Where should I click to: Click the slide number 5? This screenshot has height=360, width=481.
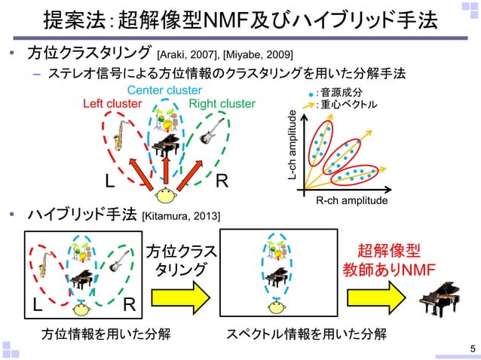(x=472, y=348)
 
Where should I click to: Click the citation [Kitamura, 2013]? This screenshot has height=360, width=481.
(x=181, y=217)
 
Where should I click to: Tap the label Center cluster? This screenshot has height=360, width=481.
(x=164, y=91)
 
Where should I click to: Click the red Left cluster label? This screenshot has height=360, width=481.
(x=112, y=103)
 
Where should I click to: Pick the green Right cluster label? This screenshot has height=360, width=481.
(x=222, y=103)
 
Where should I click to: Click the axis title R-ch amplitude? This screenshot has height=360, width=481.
(x=351, y=201)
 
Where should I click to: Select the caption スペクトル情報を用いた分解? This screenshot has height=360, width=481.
(x=307, y=334)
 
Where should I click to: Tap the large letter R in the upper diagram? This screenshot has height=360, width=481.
(x=222, y=182)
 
